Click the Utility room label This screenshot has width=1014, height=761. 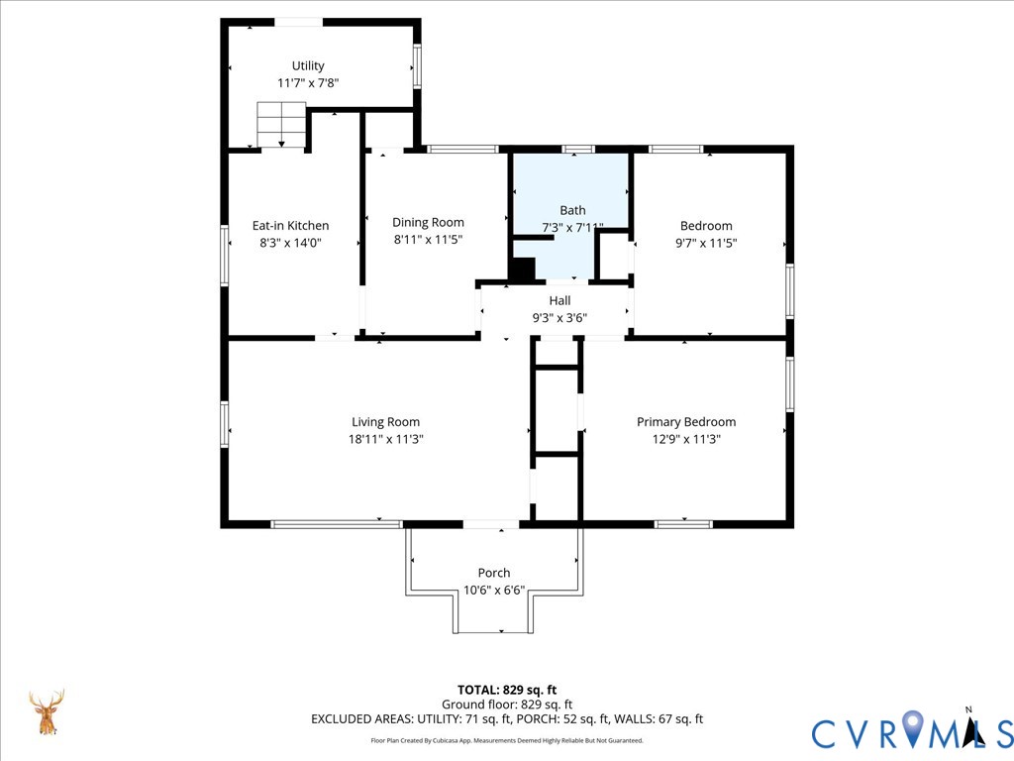click(308, 65)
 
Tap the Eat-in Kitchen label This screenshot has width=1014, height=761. click(290, 225)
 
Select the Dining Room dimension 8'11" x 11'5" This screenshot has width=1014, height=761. click(428, 240)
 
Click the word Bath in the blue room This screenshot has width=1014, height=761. click(572, 210)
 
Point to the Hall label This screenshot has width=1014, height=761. click(559, 300)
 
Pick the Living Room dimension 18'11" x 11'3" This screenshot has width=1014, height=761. click(385, 439)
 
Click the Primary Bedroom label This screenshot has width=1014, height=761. click(686, 422)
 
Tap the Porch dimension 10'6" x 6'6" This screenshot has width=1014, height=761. click(494, 591)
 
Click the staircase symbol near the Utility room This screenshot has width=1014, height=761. click(281, 124)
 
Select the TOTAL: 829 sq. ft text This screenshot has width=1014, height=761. click(507, 690)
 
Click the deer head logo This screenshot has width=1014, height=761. click(47, 711)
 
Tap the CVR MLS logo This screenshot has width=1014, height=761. click(912, 730)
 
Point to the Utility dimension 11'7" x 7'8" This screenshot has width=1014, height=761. click(308, 83)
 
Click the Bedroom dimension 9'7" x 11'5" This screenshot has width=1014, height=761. click(706, 243)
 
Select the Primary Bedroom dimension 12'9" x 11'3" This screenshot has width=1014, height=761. click(686, 439)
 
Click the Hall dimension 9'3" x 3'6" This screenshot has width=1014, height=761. click(559, 318)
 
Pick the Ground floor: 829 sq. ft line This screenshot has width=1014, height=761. click(507, 705)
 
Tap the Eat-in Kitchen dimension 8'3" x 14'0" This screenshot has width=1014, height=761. click(290, 243)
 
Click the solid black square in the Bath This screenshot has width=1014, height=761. click(523, 270)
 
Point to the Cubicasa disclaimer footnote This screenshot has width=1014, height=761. click(507, 740)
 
